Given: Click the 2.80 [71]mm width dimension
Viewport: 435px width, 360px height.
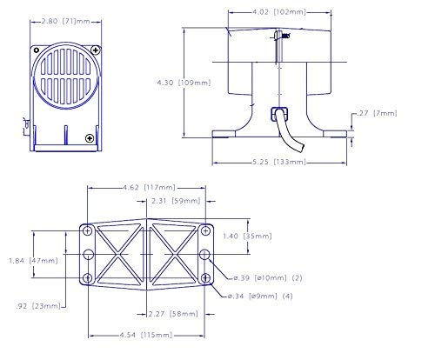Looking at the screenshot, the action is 66,21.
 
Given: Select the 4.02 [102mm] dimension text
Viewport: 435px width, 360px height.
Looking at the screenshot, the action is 279,12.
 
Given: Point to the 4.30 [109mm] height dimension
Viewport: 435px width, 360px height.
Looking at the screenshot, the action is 184,83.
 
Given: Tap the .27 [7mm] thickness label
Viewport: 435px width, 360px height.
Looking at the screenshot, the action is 377,113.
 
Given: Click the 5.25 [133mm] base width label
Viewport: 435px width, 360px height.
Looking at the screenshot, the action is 279,162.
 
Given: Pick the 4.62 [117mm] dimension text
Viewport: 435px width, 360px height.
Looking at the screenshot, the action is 149,188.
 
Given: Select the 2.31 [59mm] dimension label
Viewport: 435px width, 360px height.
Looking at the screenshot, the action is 176,201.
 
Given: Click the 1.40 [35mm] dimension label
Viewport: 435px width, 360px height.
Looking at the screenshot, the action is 247,236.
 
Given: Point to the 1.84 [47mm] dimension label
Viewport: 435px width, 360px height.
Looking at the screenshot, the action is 33,261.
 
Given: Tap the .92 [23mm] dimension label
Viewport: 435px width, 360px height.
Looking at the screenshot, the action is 38,306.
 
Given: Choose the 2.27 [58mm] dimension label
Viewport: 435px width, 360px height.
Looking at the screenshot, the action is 173,314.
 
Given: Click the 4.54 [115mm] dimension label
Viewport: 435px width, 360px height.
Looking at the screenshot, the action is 146,335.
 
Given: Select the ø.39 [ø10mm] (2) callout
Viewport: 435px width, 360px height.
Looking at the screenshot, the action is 268,278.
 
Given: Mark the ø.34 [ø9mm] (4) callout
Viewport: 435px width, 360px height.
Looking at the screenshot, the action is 260,297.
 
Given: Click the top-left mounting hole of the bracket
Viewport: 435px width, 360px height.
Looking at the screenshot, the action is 88,231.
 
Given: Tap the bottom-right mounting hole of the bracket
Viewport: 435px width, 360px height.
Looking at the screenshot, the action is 205,278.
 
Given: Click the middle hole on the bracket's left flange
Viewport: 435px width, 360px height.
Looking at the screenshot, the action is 89,255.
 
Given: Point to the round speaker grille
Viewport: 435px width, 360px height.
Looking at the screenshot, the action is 66,76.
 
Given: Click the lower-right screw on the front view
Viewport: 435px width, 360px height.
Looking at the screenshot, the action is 90,138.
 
